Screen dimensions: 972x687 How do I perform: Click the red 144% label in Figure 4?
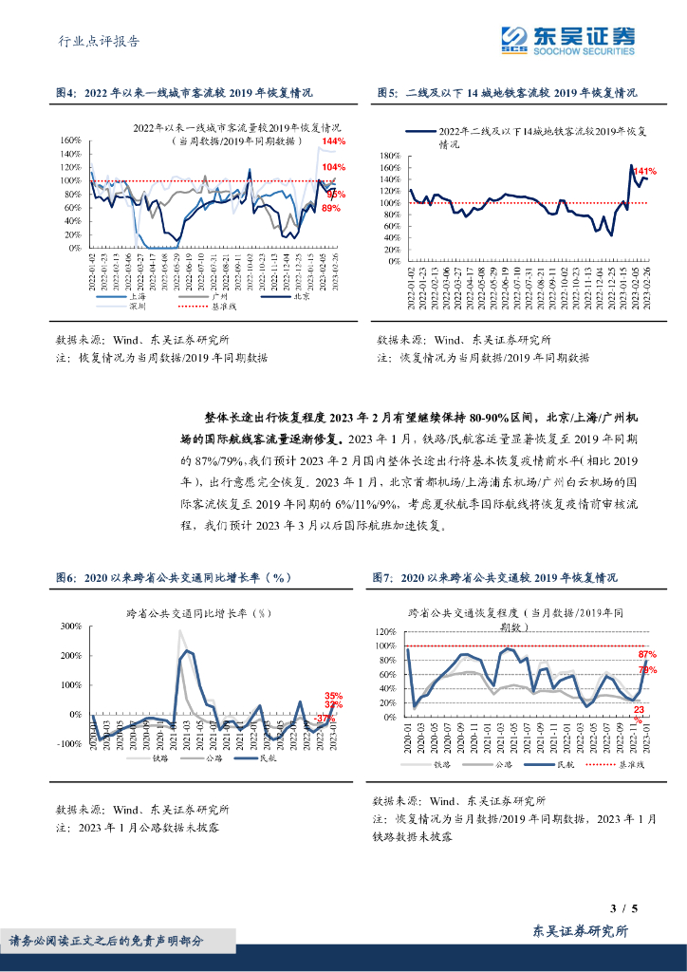pyautogui.click(x=333, y=142)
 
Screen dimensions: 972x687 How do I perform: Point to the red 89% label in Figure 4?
pyautogui.click(x=331, y=208)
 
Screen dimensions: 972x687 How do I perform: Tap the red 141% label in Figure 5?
pyautogui.click(x=644, y=171)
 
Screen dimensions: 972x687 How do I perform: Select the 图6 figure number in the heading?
pyautogui.click(x=65, y=577)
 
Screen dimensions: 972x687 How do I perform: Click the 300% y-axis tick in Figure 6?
pyautogui.click(x=69, y=626)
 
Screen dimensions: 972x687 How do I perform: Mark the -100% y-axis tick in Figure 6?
pyautogui.click(x=67, y=743)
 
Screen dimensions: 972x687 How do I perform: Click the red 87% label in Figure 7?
pyautogui.click(x=648, y=655)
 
